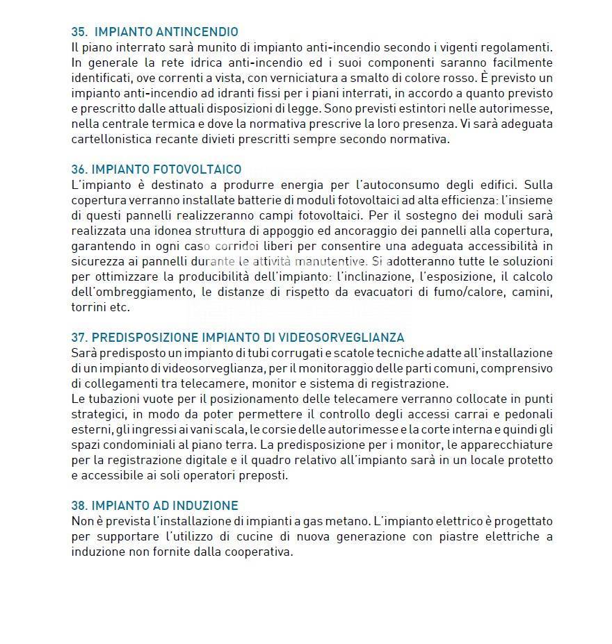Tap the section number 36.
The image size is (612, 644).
tap(79, 170)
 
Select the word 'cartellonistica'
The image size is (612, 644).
tap(110, 139)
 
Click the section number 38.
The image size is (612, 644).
tap(79, 506)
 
